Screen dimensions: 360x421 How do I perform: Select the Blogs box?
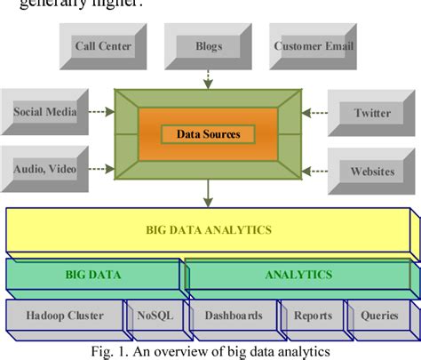(x=208, y=45)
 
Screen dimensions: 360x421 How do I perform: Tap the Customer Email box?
(x=314, y=45)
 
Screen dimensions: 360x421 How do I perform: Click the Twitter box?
(x=370, y=113)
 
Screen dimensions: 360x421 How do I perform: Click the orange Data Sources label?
(x=207, y=135)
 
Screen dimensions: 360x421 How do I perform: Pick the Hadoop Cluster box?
(x=65, y=315)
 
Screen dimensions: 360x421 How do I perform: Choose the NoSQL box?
(x=155, y=315)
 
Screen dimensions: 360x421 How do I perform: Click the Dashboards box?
(x=233, y=315)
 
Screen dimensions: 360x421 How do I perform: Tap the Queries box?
(x=379, y=315)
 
